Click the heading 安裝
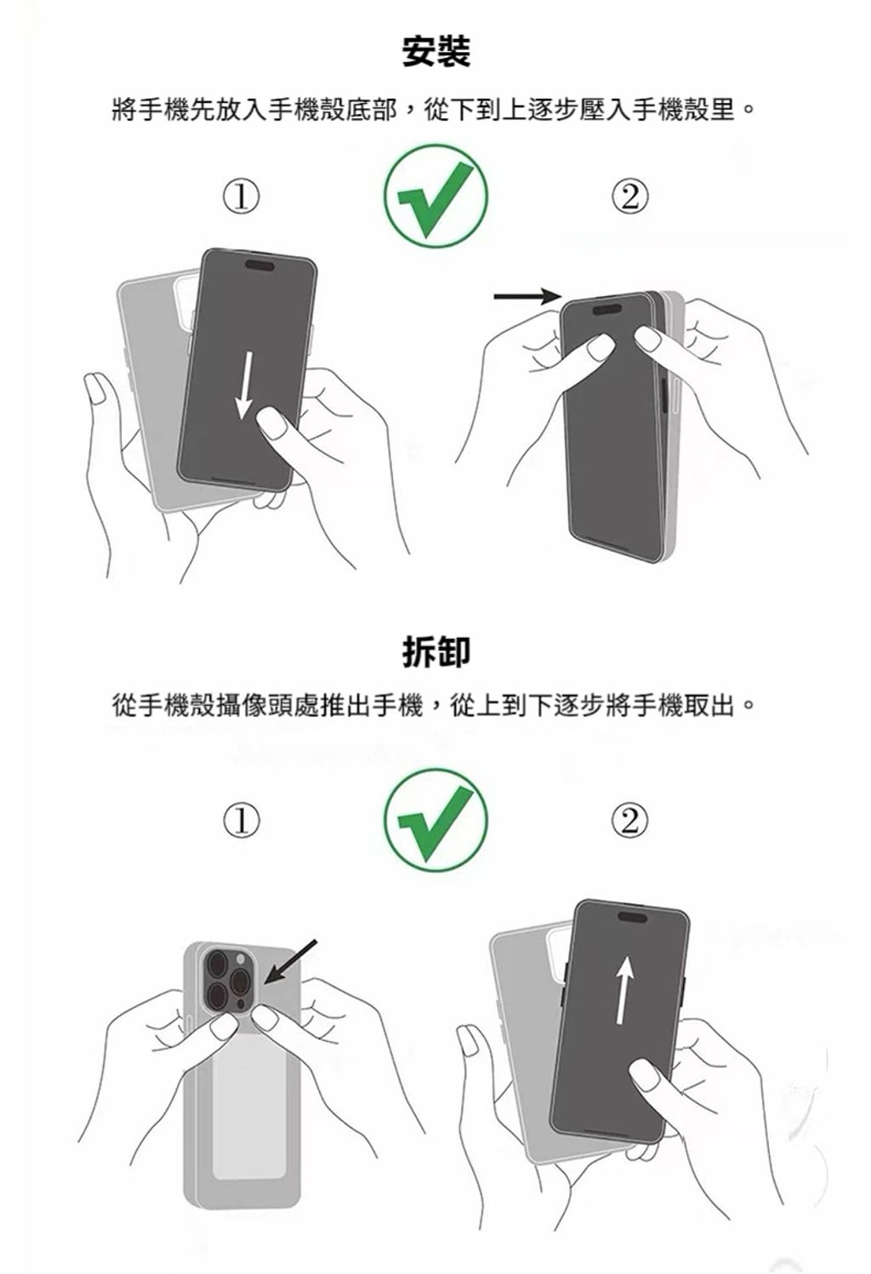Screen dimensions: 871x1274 (435, 52)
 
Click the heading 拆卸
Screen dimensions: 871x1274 (435, 651)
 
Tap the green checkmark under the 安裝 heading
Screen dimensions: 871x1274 (436, 196)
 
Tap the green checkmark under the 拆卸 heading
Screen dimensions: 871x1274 (436, 820)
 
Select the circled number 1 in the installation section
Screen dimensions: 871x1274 (242, 196)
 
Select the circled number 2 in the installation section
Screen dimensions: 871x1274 (629, 196)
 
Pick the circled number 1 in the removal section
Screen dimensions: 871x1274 (242, 821)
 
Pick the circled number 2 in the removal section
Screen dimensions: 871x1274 (629, 821)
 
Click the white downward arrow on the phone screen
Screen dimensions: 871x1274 (246, 385)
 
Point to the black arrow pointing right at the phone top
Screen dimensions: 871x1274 (527, 296)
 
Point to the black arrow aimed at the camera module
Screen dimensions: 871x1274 (290, 962)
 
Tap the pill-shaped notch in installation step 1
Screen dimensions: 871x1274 (259, 264)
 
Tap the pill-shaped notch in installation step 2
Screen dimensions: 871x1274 (607, 310)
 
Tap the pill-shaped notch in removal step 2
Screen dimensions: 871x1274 (633, 916)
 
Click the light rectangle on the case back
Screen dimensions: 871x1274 (250, 1106)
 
